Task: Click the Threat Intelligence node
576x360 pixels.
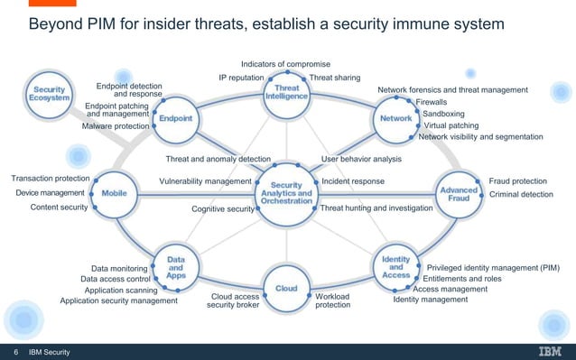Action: [x=287, y=94]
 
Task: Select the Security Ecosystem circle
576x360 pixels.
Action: [x=51, y=96]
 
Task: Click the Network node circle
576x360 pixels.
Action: [x=391, y=119]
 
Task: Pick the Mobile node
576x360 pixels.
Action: [x=114, y=193]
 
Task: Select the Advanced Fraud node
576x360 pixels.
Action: [x=458, y=193]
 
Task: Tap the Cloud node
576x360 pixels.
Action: [x=286, y=288]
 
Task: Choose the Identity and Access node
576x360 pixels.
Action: [x=395, y=266]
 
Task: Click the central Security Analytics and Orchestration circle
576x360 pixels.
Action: [x=286, y=192]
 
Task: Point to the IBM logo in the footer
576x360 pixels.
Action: [x=549, y=351]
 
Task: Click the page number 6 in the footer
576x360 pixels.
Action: [x=15, y=351]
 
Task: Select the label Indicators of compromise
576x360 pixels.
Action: [x=285, y=64]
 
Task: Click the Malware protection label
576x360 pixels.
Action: [x=116, y=127]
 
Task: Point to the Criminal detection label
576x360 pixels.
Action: [x=521, y=194]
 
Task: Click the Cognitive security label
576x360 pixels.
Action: [x=223, y=209]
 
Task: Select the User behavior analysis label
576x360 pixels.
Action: [x=361, y=160]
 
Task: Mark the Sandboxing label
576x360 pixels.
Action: [x=443, y=115]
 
